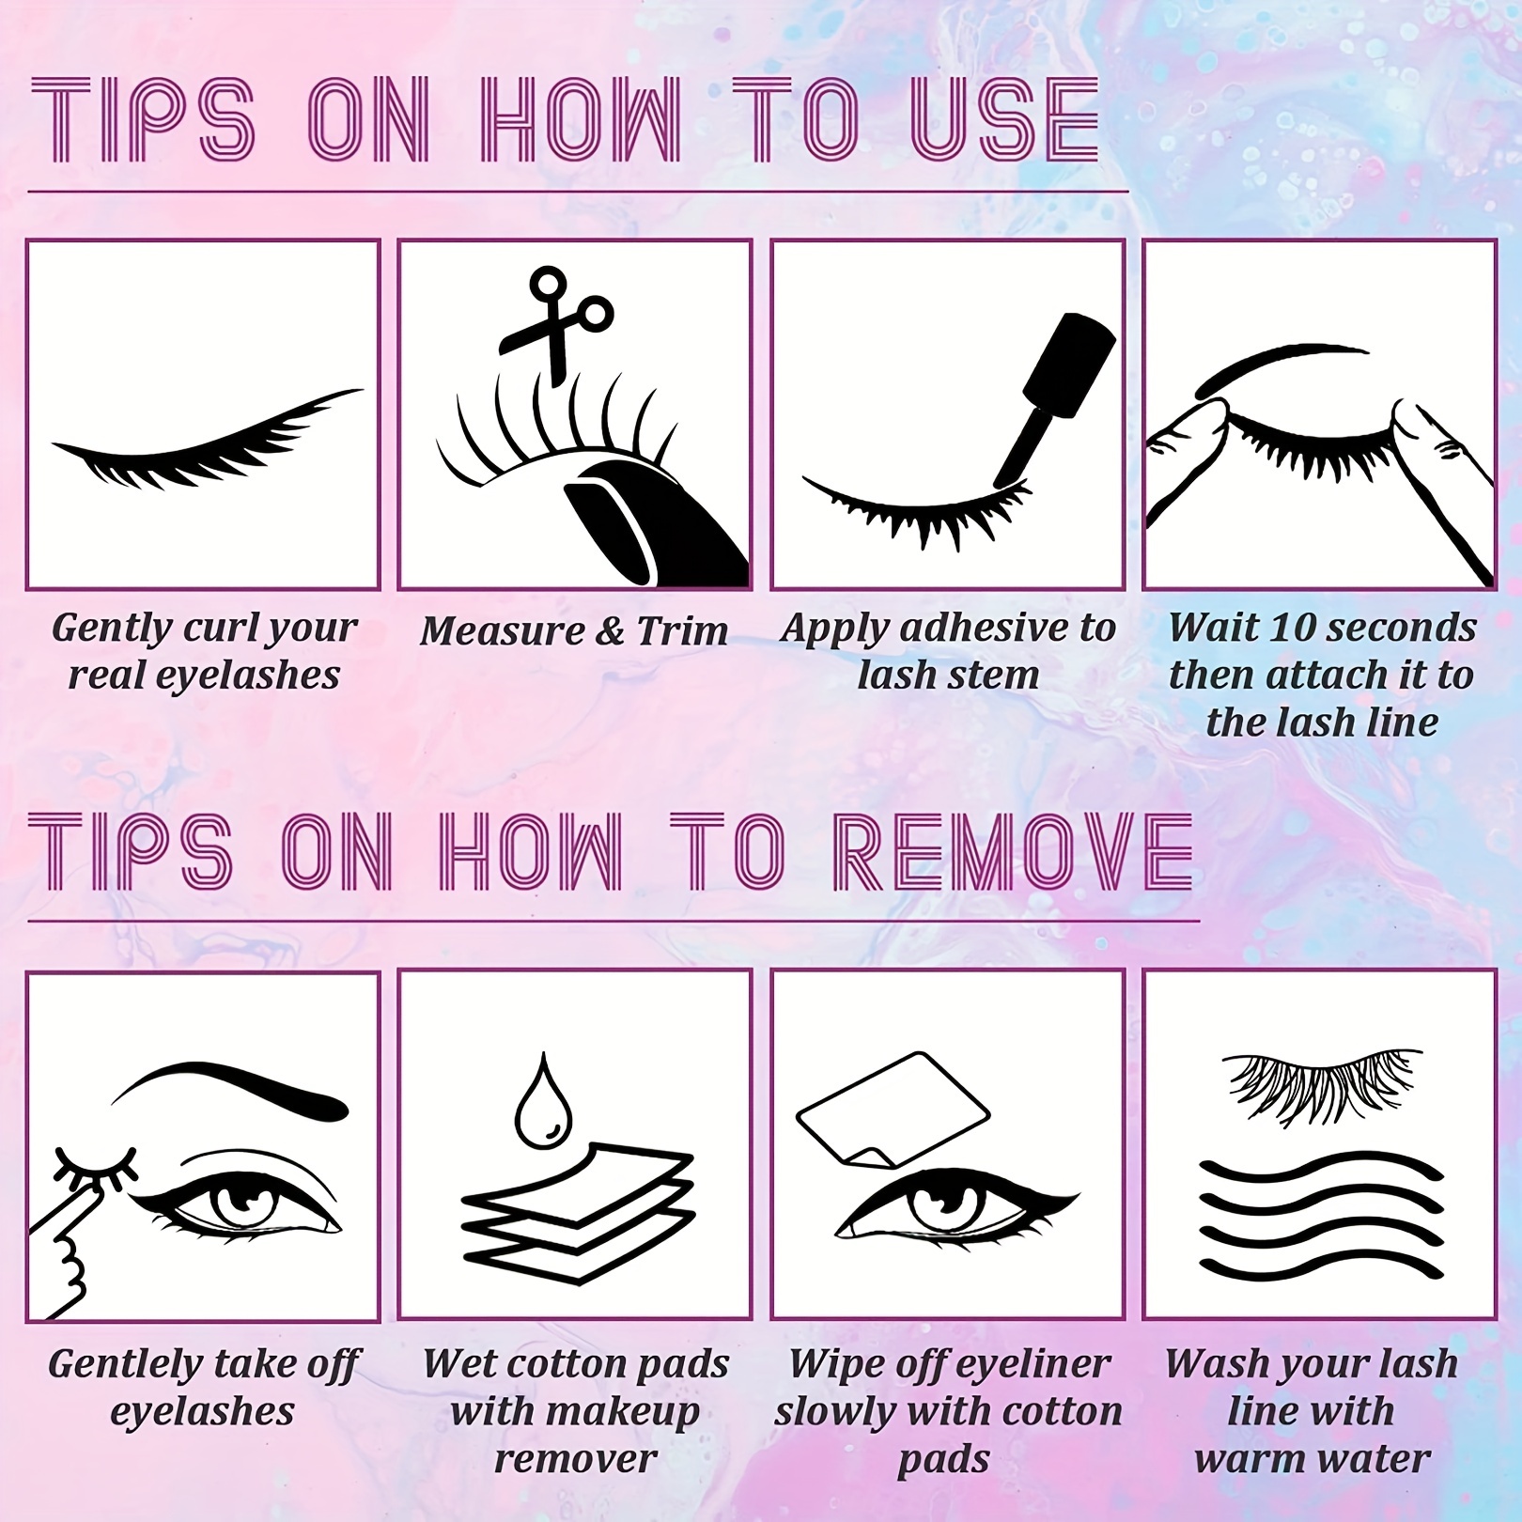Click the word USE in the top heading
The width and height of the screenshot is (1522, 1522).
(1004, 121)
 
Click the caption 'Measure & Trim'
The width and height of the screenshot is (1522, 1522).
(574, 630)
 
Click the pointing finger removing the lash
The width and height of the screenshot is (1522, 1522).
(66, 1240)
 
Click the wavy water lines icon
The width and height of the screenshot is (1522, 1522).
(1321, 1219)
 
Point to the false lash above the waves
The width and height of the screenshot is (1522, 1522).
(1321, 1083)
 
